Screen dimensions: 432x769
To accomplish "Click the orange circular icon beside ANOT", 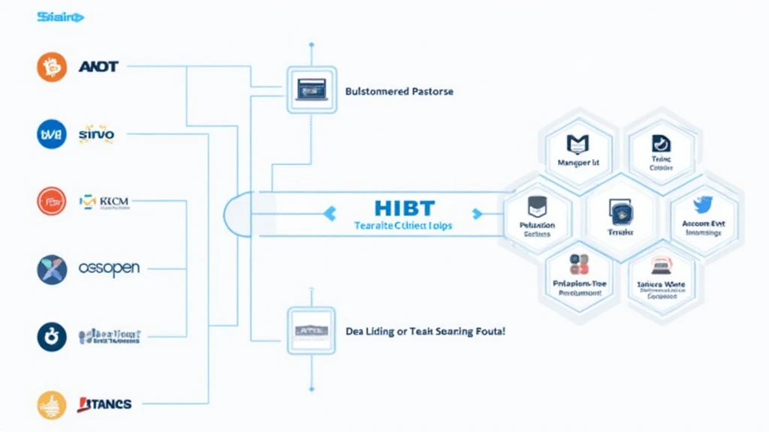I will pos(52,67).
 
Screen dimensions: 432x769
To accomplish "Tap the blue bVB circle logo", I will pos(52,134).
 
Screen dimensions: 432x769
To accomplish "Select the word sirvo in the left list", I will pos(97,134).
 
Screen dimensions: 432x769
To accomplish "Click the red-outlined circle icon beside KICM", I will pos(52,201).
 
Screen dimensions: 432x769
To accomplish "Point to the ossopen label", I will pos(109,268).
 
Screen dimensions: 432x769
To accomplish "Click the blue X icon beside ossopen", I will pos(52,268).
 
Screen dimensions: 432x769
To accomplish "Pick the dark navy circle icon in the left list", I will pos(52,337).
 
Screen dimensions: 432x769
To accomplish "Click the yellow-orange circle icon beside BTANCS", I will pos(52,405).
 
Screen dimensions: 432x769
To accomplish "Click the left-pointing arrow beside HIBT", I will pos(329,214).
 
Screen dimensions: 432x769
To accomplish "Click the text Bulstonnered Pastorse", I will pos(399,91).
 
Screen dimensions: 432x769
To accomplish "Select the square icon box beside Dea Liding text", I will pos(310,330).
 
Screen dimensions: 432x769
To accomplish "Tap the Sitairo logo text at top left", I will pos(61,16).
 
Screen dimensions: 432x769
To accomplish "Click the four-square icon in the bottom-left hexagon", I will pos(579,265).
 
